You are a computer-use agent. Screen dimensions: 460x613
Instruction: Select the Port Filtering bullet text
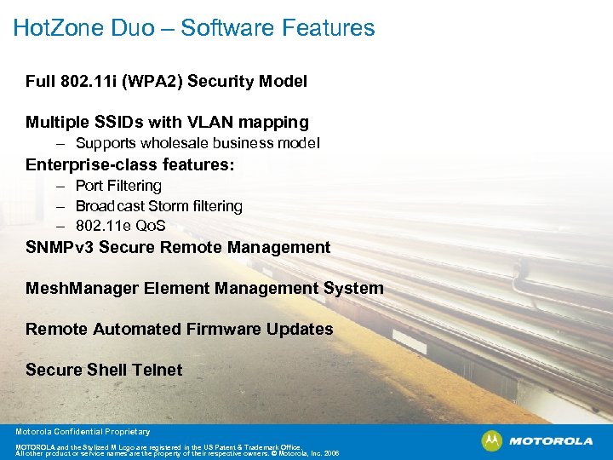point(118,186)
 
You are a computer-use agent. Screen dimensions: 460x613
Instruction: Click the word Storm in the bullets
point(169,206)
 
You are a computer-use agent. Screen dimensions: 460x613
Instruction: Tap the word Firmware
point(220,329)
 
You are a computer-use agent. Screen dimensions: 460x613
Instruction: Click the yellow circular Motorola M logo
point(492,440)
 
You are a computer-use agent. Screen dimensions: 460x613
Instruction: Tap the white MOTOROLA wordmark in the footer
point(551,441)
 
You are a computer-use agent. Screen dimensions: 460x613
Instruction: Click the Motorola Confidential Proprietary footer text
point(83,432)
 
